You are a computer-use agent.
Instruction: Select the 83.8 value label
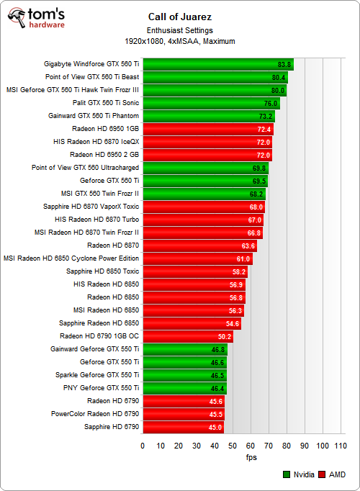[x=284, y=64]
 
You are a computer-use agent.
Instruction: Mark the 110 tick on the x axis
[x=341, y=446]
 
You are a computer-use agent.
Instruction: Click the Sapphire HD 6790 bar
[x=183, y=427]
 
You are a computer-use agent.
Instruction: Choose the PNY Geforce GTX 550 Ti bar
[x=185, y=388]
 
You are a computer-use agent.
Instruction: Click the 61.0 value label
[x=243, y=258]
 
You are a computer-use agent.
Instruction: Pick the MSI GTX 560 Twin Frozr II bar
[x=204, y=194]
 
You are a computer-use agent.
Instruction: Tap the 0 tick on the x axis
[x=143, y=446]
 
